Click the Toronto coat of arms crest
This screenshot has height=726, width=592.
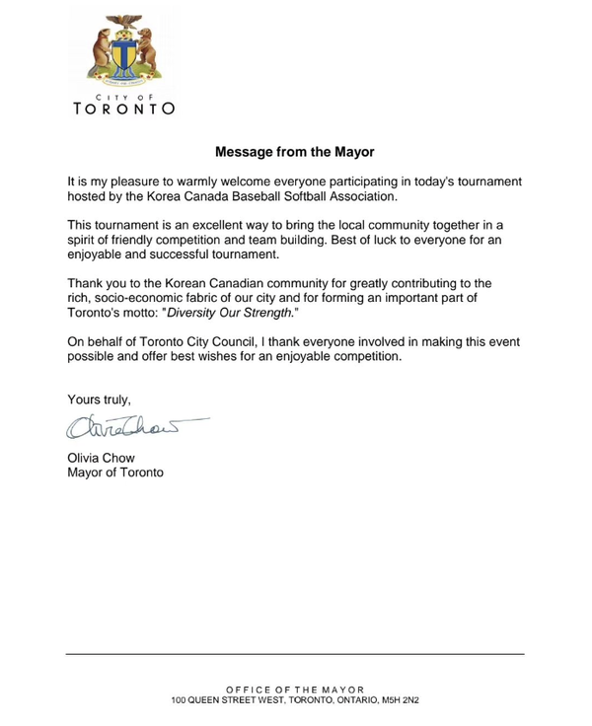click(124, 47)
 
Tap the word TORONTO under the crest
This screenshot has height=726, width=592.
click(124, 109)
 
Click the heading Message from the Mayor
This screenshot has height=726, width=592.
click(295, 153)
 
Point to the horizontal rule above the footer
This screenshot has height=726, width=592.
click(295, 653)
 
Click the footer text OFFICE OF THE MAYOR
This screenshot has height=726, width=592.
click(295, 689)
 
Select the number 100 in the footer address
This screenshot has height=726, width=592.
click(180, 699)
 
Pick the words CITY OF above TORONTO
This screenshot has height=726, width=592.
click(124, 95)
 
